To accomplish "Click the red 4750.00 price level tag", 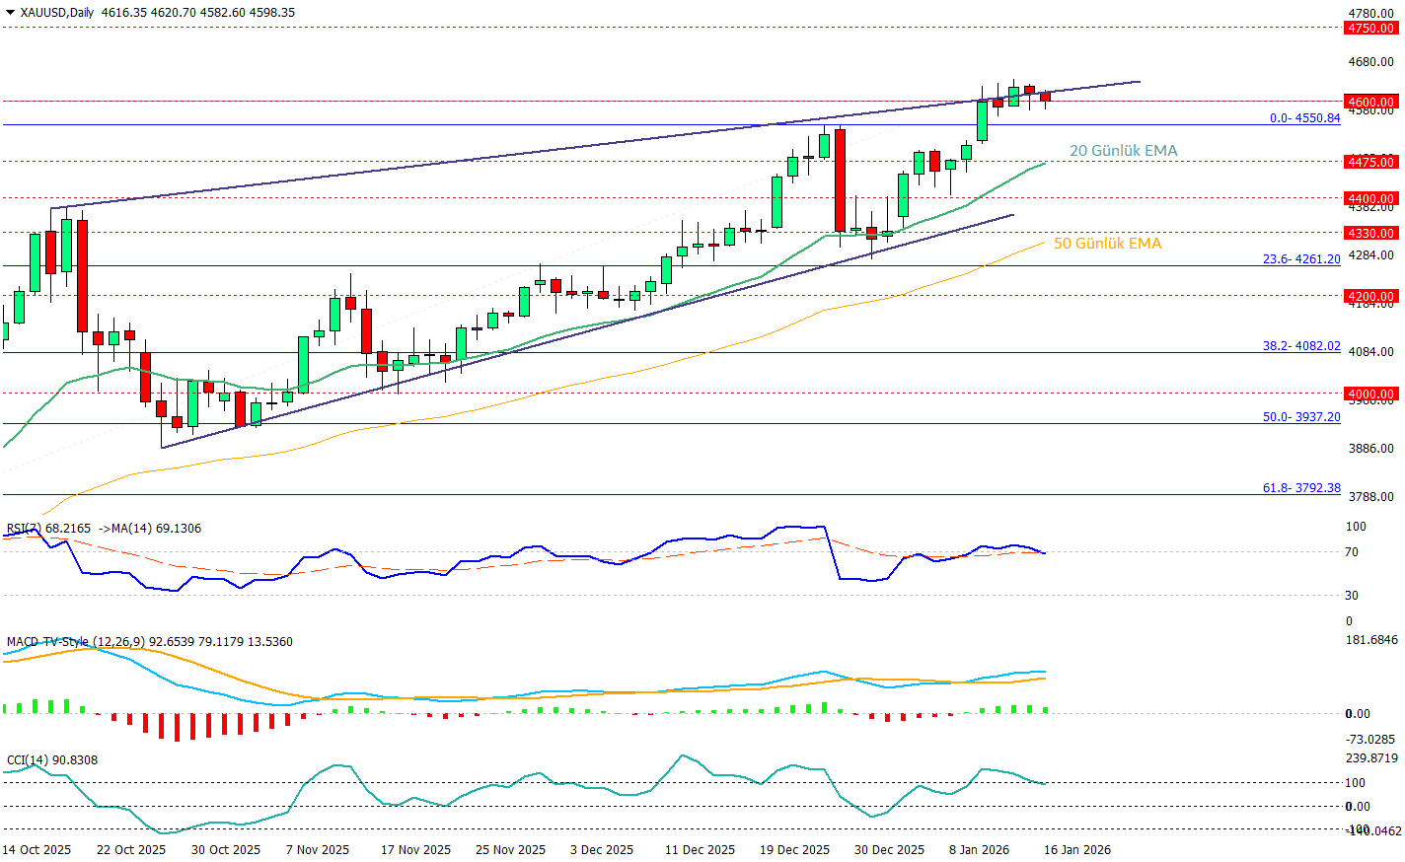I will click(x=1371, y=29).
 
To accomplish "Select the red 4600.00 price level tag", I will click(x=1371, y=102).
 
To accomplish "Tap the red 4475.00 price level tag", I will click(x=1371, y=162).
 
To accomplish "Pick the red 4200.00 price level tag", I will click(x=1371, y=296).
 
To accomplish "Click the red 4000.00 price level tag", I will click(x=1371, y=394).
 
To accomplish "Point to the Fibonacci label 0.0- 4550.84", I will click(x=1304, y=118).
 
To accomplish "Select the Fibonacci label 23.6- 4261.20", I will click(x=1301, y=259).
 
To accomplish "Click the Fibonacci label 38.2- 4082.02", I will click(x=1301, y=346).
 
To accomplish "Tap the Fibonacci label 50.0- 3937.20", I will click(x=1301, y=417).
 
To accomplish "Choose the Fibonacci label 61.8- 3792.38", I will click(x=1301, y=488).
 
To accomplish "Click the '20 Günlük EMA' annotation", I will click(x=1123, y=151).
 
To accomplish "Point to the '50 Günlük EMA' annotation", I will click(x=1107, y=244).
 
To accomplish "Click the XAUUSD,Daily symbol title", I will click(x=56, y=13).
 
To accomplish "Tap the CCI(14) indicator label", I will click(x=28, y=760).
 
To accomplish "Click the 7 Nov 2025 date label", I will click(x=318, y=850).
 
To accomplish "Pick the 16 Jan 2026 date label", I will click(x=1077, y=850).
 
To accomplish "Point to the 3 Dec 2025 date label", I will click(x=602, y=850).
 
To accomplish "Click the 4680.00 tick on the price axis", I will click(x=1371, y=62).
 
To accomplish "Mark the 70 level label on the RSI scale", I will click(x=1352, y=552).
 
